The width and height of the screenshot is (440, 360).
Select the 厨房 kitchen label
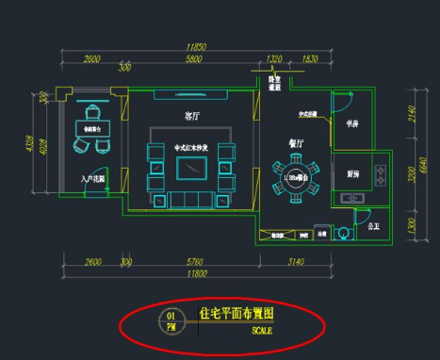click(352, 174)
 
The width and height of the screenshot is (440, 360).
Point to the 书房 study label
click(352, 123)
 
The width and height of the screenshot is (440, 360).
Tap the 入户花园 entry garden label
click(92, 178)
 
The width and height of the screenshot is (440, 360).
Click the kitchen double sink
click(353, 197)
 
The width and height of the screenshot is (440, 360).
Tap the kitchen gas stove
click(380, 173)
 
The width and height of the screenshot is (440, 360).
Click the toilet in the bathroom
click(374, 229)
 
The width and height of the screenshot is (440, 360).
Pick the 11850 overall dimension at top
click(196, 46)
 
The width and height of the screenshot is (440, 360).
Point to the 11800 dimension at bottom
click(196, 272)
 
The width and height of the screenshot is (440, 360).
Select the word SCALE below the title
click(262, 331)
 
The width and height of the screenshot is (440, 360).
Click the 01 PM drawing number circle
click(171, 321)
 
